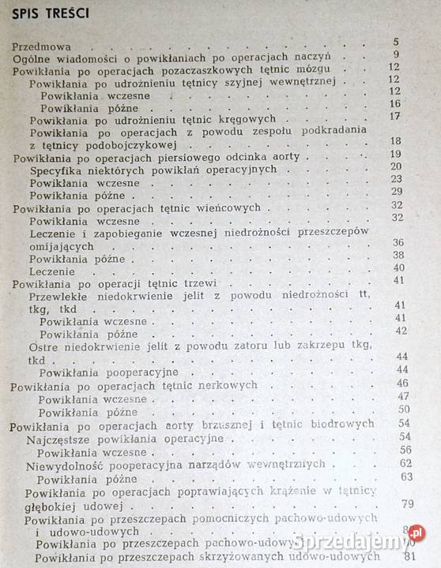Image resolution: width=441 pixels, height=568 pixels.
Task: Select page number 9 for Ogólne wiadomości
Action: click(x=397, y=55)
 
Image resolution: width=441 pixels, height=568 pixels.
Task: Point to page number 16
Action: click(x=395, y=104)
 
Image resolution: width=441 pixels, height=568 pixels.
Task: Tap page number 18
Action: click(x=396, y=141)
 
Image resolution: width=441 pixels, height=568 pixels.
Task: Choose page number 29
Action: click(x=397, y=192)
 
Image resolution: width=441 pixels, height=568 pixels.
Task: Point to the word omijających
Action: click(x=61, y=244)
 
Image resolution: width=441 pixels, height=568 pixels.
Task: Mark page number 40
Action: click(x=398, y=267)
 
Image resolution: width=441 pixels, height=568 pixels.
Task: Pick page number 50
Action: click(x=403, y=409)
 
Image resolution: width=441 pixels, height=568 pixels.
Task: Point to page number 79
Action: click(x=409, y=504)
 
